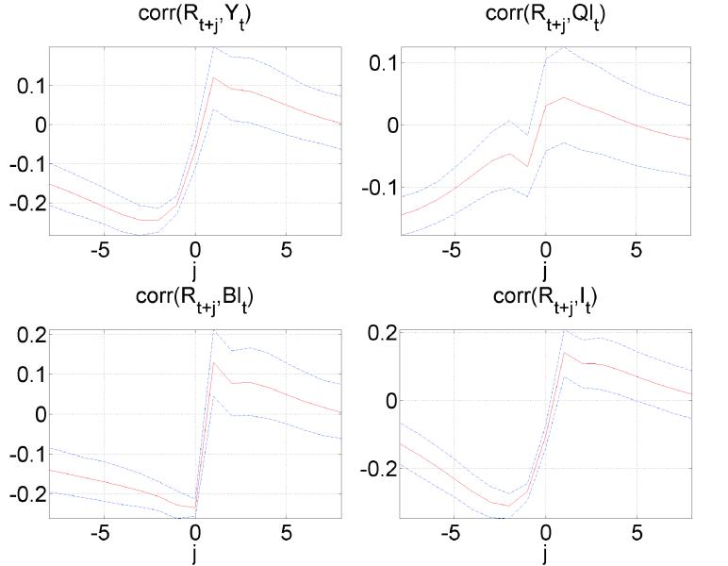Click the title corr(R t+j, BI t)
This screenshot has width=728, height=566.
click(195, 297)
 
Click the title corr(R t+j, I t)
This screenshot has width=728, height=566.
click(544, 297)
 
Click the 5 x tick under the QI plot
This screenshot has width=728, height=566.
click(636, 252)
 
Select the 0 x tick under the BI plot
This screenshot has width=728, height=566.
click(195, 535)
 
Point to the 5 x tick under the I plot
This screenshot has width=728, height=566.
click(636, 535)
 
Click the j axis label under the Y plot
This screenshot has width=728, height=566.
click(195, 275)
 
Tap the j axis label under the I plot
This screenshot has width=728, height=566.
click(545, 556)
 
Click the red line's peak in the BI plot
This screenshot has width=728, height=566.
click(214, 361)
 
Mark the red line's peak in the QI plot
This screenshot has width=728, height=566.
click(564, 97)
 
